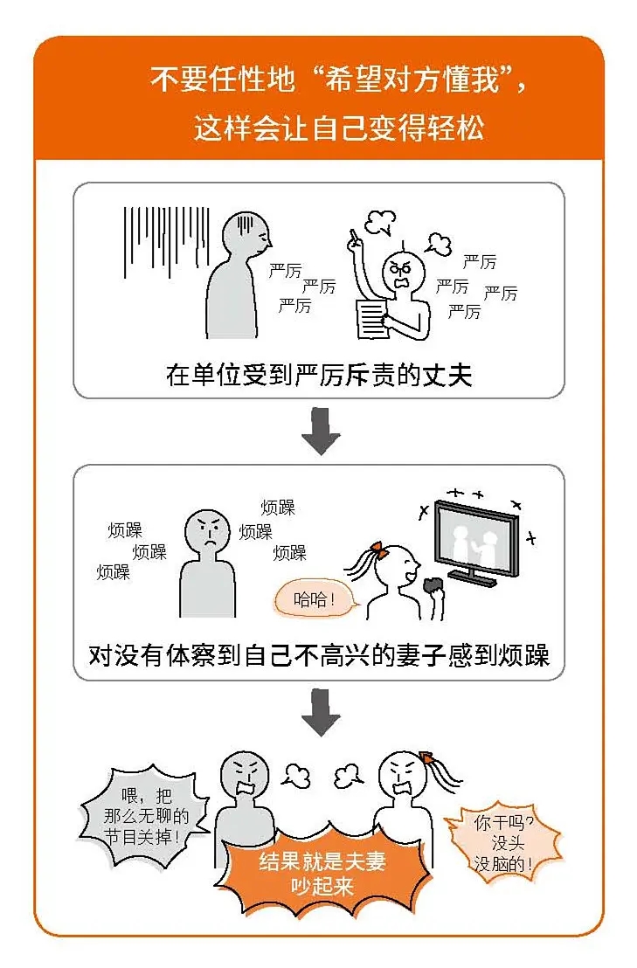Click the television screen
[475, 538]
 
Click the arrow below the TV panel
[321, 712]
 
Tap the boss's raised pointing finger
[354, 237]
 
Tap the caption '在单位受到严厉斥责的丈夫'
[318, 375]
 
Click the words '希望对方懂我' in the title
[412, 79]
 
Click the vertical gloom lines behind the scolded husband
[167, 242]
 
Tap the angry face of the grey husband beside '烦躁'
[207, 532]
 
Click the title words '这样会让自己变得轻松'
[339, 128]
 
